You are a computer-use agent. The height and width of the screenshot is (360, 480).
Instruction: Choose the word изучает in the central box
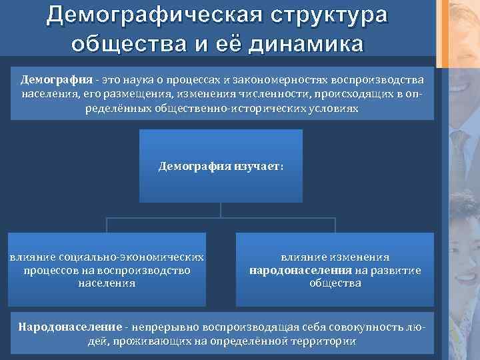click(258, 165)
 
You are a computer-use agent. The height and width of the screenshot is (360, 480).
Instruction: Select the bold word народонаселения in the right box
click(301, 270)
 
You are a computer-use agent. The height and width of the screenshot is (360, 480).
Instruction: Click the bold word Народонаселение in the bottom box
click(70, 327)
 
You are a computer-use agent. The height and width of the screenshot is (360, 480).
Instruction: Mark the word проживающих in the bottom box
click(141, 341)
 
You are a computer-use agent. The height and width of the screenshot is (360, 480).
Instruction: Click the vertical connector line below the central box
click(221, 211)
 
